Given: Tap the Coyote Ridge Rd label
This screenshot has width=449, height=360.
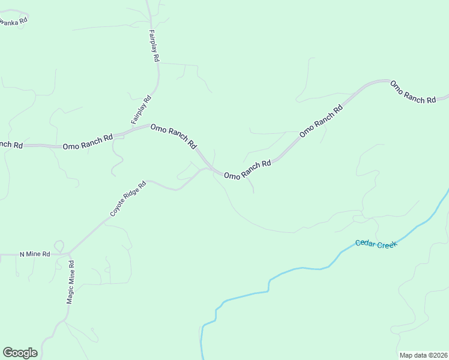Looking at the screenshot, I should click(x=128, y=199).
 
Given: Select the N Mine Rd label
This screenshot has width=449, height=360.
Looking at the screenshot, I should click(x=34, y=254).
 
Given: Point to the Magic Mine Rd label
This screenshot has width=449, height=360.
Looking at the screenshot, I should click(x=70, y=282).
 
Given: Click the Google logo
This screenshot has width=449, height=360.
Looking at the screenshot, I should click(x=20, y=353).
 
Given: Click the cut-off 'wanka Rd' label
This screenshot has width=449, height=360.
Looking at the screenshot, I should click(x=13, y=22).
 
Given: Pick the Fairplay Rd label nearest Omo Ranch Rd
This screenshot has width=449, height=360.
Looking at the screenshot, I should click(x=141, y=110).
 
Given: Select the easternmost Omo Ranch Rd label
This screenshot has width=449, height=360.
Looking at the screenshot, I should click(x=413, y=92).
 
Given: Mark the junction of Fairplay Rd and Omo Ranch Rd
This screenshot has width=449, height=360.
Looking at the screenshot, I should click(x=149, y=125).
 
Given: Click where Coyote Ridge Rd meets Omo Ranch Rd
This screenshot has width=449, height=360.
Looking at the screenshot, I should click(x=206, y=169).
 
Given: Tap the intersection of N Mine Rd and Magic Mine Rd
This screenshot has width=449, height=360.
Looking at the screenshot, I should click(x=68, y=253).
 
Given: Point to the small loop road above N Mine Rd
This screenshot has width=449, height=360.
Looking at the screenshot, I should click(x=59, y=245).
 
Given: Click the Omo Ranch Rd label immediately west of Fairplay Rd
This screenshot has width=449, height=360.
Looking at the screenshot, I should click(x=88, y=142).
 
